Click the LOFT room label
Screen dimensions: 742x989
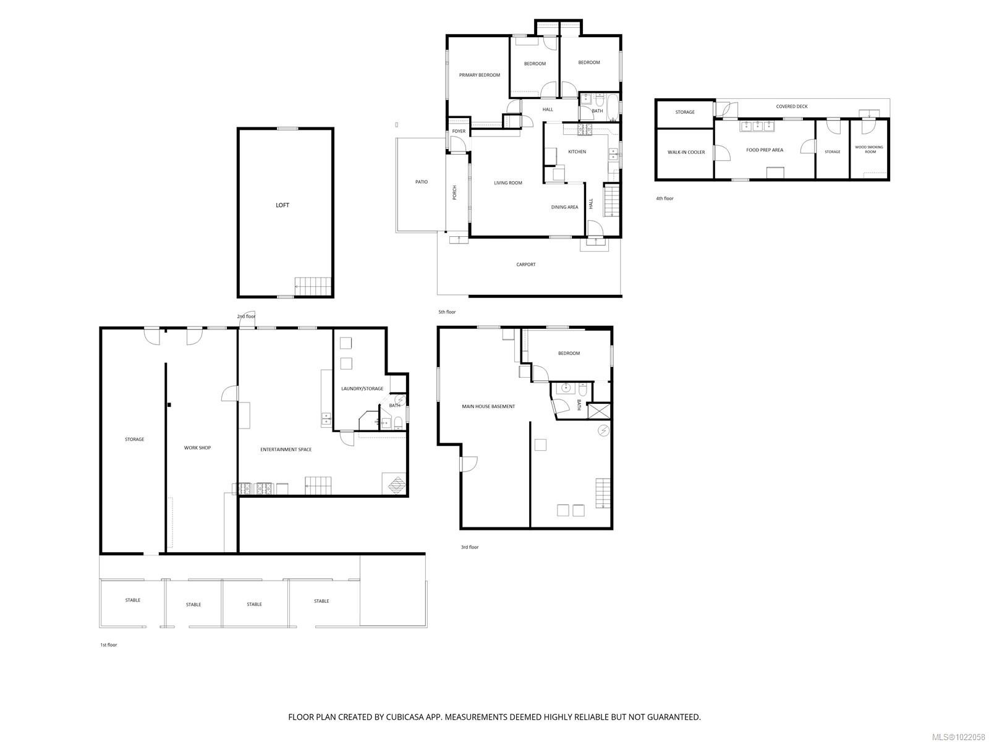(282, 205)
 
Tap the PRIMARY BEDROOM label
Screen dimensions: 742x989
(479, 75)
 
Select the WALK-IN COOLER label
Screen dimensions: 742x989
(686, 152)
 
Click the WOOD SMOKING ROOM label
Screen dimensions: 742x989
(870, 149)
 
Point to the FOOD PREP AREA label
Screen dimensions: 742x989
(764, 150)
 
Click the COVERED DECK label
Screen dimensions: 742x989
(792, 106)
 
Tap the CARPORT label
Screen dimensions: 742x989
(526, 265)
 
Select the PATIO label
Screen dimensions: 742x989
(421, 182)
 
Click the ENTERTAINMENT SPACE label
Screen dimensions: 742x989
(286, 450)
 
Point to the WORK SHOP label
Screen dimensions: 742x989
(197, 448)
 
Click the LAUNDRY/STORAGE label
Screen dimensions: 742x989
(362, 389)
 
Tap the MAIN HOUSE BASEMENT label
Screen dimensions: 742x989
(488, 407)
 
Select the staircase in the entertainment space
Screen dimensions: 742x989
(318, 485)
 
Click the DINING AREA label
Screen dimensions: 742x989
(564, 207)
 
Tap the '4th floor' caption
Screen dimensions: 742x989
(664, 198)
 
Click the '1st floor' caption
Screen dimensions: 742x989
(108, 645)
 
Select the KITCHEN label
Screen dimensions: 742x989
(577, 152)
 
